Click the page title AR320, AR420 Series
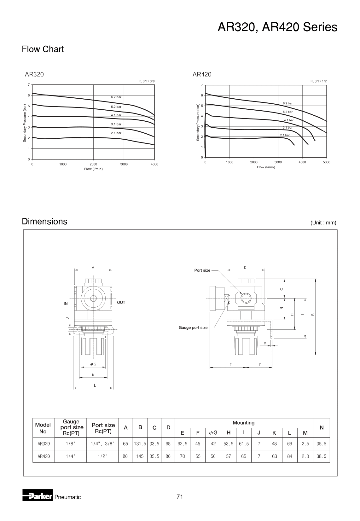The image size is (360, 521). (x=277, y=27)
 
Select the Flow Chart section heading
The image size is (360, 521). (x=43, y=49)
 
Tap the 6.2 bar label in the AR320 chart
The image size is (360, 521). (x=116, y=97)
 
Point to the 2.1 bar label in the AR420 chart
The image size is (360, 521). (x=285, y=135)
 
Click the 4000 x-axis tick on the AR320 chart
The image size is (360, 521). (x=154, y=164)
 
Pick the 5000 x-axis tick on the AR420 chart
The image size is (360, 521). (x=326, y=162)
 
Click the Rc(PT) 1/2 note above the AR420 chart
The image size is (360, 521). (x=318, y=81)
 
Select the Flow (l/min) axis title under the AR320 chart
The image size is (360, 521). (x=93, y=169)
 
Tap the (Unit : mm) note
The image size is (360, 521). (x=323, y=223)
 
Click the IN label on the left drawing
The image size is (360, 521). (x=66, y=304)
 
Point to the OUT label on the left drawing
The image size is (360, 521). (x=121, y=302)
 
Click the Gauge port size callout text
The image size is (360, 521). (x=193, y=327)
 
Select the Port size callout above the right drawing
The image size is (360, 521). (x=202, y=270)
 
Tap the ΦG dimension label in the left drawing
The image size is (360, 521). (x=93, y=364)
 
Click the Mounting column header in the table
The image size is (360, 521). (x=243, y=423)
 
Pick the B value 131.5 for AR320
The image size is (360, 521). (x=140, y=443)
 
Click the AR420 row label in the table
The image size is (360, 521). (x=44, y=456)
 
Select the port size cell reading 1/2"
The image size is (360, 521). (x=102, y=456)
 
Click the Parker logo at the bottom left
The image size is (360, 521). (x=37, y=497)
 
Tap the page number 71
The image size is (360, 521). (x=180, y=497)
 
